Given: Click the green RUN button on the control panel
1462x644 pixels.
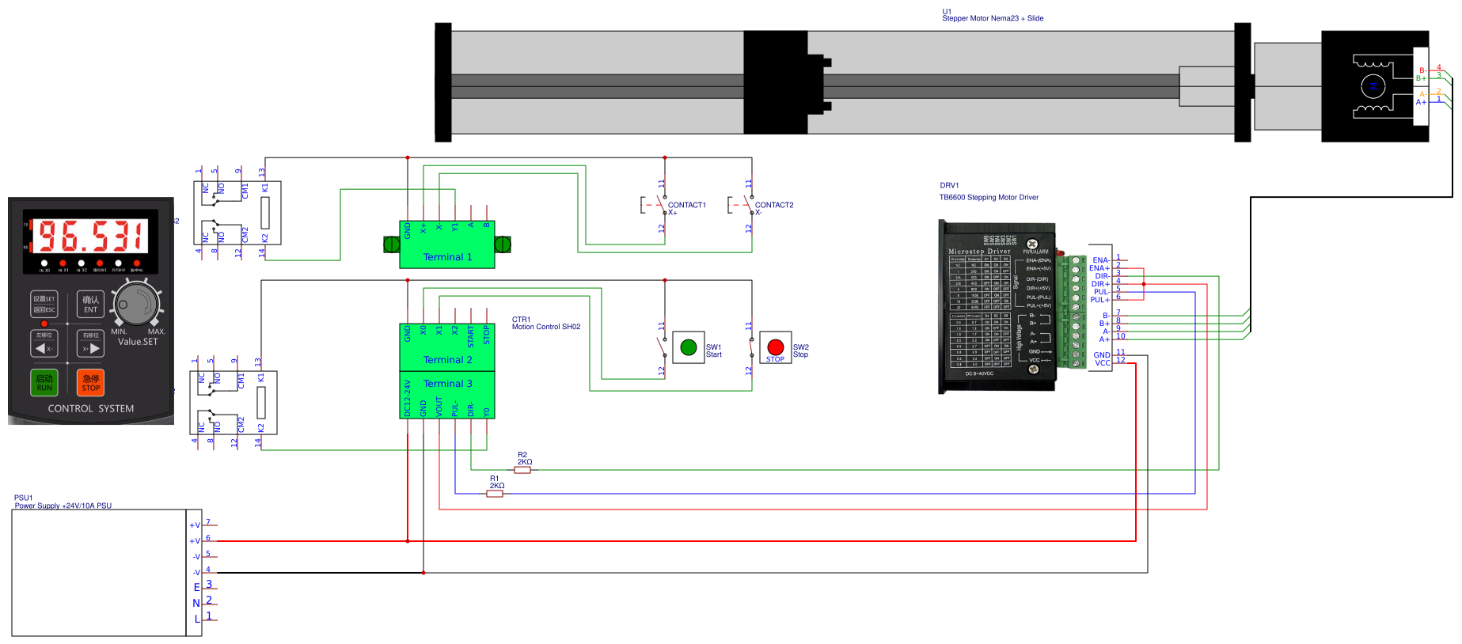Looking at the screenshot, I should [x=44, y=383].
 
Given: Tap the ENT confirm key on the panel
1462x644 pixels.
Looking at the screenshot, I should [x=90, y=305].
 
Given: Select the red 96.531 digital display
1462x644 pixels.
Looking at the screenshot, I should [x=92, y=236].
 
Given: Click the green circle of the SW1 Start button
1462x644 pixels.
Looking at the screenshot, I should [x=689, y=347].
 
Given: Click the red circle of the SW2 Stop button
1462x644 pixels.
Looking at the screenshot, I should [x=776, y=347].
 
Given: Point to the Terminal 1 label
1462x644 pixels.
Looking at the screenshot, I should [x=447, y=257].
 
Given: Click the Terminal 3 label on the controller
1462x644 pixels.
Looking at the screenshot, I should [x=447, y=384].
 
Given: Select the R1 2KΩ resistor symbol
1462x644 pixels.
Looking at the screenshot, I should [x=495, y=494].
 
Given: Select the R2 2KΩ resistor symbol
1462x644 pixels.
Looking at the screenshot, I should [x=522, y=470].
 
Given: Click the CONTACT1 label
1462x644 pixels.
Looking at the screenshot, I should [x=686, y=205].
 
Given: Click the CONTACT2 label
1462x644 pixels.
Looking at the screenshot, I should [x=773, y=205].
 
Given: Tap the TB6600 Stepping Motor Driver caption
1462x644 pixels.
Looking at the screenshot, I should [x=989, y=198].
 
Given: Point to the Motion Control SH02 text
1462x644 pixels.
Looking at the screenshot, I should [x=546, y=327].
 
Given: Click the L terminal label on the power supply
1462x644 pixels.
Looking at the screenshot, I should [x=197, y=619].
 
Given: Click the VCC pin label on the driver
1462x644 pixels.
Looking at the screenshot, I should [x=1102, y=363].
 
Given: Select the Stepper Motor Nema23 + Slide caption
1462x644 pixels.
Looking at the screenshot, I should [x=993, y=18].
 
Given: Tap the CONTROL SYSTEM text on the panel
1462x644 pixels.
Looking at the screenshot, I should [x=91, y=409].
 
